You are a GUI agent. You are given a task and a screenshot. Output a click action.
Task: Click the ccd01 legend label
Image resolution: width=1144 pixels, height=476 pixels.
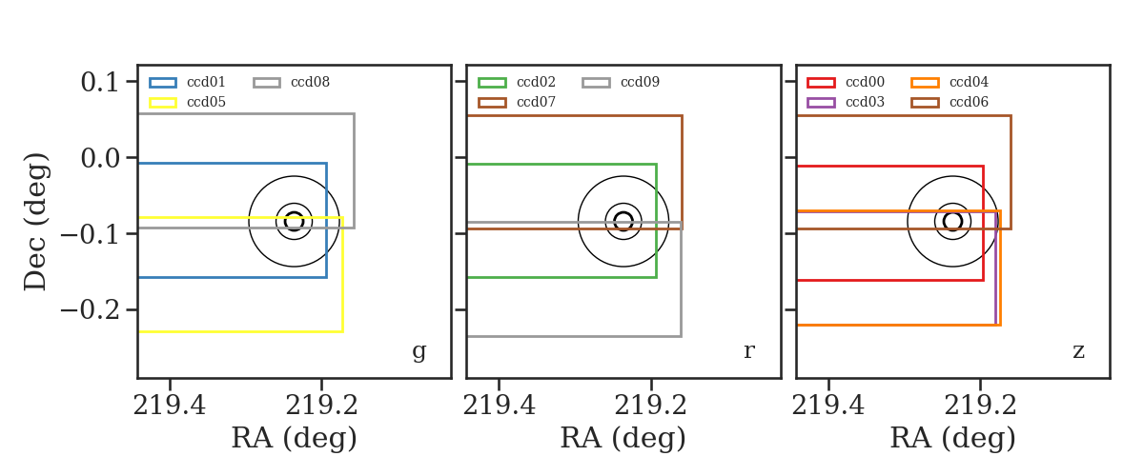pos(206,82)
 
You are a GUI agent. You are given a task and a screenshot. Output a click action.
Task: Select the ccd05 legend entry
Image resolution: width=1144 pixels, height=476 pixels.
pos(206,102)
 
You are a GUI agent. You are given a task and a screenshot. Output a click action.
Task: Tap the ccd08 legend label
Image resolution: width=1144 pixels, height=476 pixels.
pos(310,82)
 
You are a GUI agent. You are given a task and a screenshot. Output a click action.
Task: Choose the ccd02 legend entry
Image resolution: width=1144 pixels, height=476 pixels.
pos(536,82)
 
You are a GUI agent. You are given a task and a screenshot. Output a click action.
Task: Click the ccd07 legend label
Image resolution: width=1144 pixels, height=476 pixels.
pos(536,102)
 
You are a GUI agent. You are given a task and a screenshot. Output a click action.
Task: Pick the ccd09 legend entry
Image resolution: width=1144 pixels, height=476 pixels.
pos(640,82)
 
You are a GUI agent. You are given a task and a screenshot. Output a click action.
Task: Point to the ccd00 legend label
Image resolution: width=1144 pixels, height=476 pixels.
pos(865,82)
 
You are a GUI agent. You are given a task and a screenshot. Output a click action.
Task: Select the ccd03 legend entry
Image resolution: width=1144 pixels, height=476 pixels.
pos(865,102)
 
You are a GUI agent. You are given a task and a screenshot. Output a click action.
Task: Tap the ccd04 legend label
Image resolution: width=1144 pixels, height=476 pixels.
pos(969,82)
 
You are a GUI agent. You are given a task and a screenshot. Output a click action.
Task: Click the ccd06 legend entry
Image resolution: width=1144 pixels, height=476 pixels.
pos(969,102)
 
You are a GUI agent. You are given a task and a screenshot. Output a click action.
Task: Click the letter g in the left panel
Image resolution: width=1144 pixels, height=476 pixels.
pos(419,351)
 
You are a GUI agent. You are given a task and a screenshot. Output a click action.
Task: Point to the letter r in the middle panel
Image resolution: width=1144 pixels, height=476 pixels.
pos(748,350)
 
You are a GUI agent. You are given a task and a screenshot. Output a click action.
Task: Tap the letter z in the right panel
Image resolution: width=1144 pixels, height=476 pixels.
pos(1078,351)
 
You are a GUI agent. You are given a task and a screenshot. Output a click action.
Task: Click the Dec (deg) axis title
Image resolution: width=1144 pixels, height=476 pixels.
pos(36,222)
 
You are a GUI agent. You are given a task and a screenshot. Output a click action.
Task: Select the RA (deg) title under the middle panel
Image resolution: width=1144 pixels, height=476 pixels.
pos(623,438)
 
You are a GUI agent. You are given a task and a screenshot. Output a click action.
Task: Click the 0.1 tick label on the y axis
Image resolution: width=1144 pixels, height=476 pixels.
pos(99,82)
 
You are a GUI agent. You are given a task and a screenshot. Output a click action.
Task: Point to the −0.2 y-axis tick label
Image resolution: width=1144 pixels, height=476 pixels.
pos(90,309)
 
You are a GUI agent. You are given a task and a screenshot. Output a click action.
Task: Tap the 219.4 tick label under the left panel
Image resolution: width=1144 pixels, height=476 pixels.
pos(169,406)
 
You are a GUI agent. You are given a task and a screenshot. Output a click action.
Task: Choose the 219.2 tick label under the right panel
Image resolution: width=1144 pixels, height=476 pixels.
pos(980,406)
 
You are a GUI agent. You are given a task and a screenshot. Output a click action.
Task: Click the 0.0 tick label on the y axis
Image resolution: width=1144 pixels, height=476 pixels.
pos(99,158)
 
